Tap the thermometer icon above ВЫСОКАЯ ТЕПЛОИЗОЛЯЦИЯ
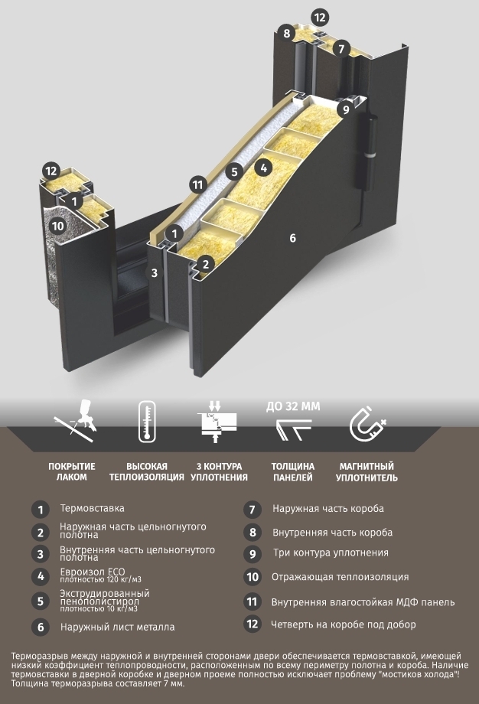tap(147, 422)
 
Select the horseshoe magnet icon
tap(367, 424)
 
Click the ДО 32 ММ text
tap(293, 406)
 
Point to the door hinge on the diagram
tap(370, 152)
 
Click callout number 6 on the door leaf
tap(293, 238)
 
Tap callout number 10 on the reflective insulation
tap(58, 226)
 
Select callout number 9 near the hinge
tap(345, 109)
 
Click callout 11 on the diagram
tap(198, 184)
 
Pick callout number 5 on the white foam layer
tap(234, 171)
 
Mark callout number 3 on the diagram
tap(154, 272)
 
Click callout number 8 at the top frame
tap(286, 33)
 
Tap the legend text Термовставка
tap(92, 509)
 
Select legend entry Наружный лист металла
tap(118, 627)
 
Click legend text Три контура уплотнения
tap(331, 553)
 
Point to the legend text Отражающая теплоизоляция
tap(340, 577)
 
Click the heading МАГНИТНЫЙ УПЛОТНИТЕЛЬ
tap(367, 472)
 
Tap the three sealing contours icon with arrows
tap(217, 422)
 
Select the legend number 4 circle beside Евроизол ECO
tap(41, 576)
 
